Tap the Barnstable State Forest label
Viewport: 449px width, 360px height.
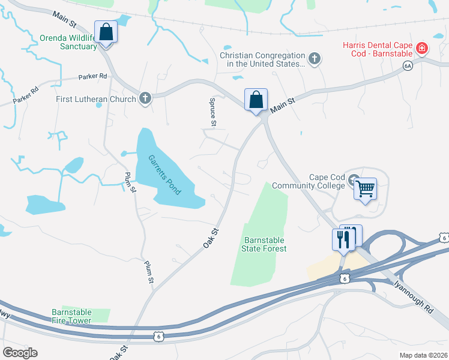[264, 244]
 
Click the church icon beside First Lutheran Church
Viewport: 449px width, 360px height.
[145, 98]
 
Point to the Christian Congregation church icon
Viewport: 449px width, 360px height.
[315, 59]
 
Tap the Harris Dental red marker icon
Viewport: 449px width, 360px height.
[423, 47]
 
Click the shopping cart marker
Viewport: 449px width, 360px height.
[365, 190]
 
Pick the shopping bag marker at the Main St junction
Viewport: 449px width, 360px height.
[256, 100]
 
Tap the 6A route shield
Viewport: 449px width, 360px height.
[408, 66]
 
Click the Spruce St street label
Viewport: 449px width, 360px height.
[212, 112]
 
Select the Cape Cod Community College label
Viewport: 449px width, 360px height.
[310, 181]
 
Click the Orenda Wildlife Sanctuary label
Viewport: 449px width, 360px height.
[68, 42]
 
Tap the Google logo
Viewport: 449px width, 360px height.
[20, 353]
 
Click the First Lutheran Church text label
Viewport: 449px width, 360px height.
[96, 98]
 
